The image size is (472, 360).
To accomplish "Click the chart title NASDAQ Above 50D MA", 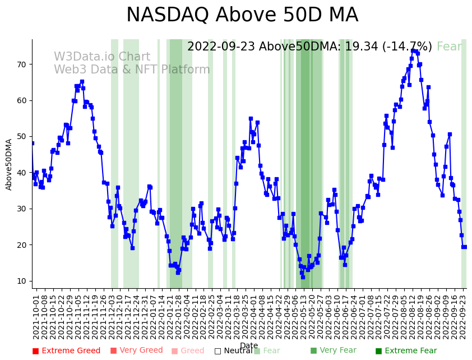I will coord(242,15).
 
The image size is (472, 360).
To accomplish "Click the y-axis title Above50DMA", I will coord(9,164).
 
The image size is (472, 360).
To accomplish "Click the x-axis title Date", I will coord(249,345).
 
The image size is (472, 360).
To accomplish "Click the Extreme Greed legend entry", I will coord(66,351).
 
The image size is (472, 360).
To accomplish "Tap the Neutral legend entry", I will coord(233,351).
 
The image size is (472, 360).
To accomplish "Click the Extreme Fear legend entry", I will coord(405,351).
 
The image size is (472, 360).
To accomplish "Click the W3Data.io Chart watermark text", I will coord(102,57).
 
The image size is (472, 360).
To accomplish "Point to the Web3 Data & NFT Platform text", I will coord(132,70).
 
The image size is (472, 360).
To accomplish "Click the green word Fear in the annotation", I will coord(449,47).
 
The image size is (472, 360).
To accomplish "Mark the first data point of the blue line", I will coord(32,143).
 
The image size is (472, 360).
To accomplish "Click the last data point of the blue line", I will coord(465,247).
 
